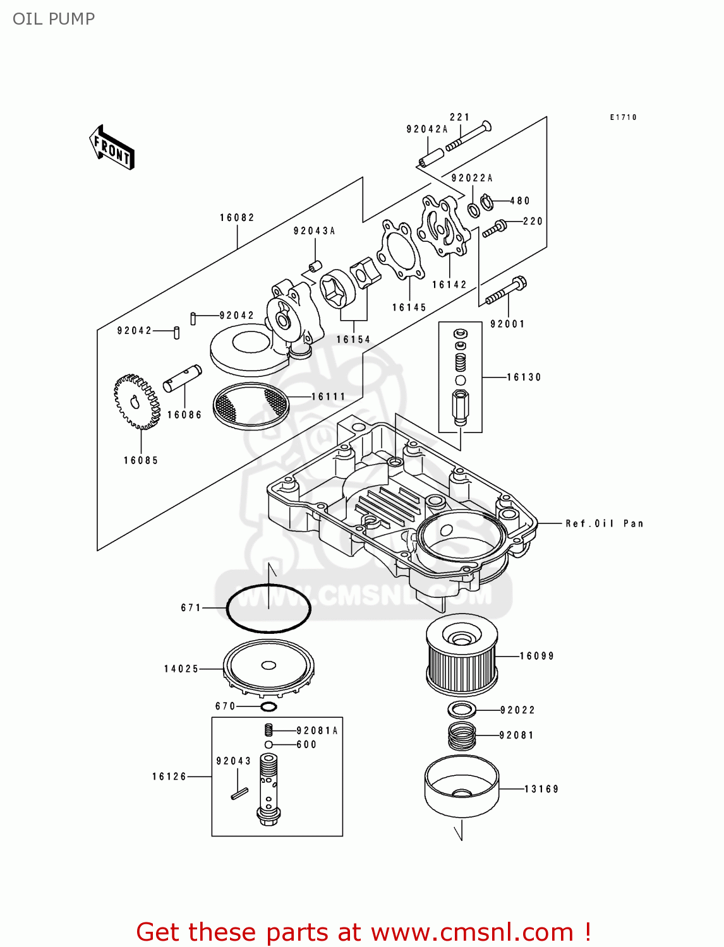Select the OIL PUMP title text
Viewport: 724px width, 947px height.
54,19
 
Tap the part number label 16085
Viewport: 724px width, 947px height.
141,461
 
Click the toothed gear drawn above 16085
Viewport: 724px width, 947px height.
136,402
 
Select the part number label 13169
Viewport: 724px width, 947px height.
542,789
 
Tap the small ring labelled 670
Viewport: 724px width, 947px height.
268,706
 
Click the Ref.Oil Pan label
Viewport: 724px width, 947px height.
605,523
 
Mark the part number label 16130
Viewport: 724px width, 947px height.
524,378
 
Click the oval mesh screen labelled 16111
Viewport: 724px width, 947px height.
251,405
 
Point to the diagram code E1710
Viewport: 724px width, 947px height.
624,117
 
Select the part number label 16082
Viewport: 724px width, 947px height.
238,218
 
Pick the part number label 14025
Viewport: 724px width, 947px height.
181,669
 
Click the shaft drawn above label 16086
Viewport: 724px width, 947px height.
183,378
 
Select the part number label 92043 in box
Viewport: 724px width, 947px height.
234,761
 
